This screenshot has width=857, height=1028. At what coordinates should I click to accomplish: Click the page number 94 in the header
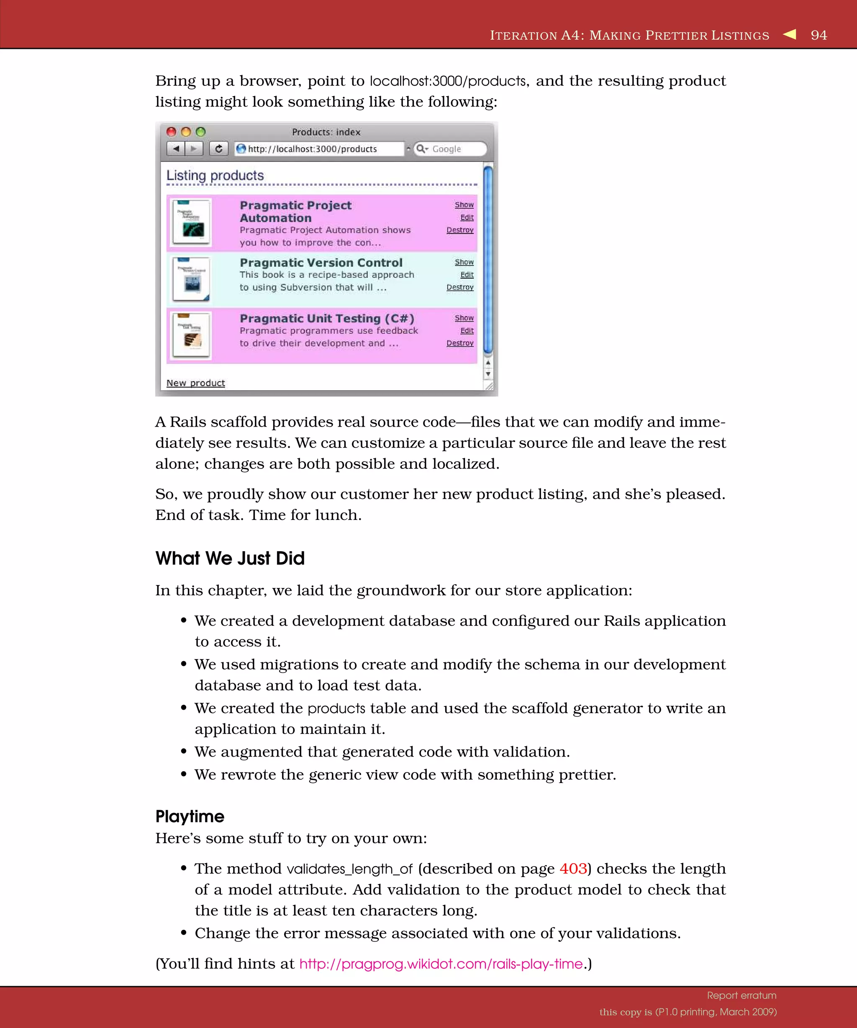point(819,35)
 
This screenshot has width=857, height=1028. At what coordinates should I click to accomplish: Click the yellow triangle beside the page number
point(790,34)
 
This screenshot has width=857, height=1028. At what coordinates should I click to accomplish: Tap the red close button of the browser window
point(171,132)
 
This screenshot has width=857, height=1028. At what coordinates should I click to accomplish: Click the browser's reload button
point(219,148)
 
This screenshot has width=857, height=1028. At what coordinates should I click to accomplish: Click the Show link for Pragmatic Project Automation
point(464,205)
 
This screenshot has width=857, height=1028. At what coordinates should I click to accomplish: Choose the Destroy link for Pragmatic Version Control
point(460,287)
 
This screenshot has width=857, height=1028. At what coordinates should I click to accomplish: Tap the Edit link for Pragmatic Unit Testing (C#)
point(467,330)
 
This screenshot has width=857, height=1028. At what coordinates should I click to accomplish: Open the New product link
point(195,383)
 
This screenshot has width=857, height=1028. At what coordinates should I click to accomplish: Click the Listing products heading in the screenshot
point(215,175)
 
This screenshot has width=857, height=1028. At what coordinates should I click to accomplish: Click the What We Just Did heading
point(230,558)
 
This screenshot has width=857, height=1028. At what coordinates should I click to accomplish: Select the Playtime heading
point(190,816)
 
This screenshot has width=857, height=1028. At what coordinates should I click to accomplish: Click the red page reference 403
point(573,868)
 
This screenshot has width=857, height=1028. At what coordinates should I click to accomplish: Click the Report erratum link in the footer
point(742,995)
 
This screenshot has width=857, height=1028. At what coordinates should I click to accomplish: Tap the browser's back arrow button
point(176,148)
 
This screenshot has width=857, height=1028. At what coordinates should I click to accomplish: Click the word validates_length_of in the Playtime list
point(350,869)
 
